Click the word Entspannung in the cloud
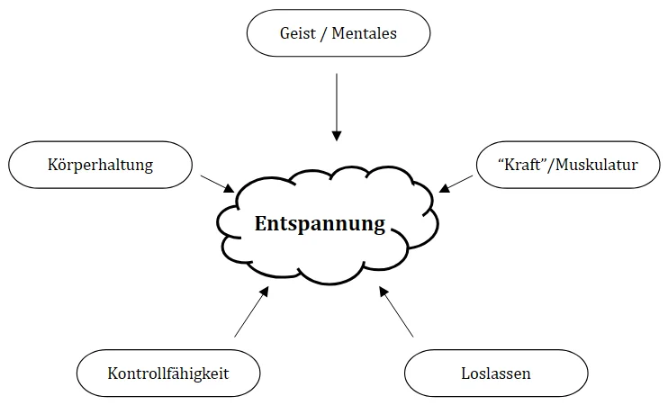320,224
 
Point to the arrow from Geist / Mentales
337,103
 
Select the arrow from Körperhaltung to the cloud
216,182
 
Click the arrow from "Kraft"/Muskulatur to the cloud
457,182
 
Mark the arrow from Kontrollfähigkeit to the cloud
250,313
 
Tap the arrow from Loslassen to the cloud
396,312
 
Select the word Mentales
365,34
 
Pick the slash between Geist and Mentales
325,34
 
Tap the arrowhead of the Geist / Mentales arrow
337,136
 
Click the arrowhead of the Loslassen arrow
383,292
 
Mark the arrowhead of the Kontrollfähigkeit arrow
265,291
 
